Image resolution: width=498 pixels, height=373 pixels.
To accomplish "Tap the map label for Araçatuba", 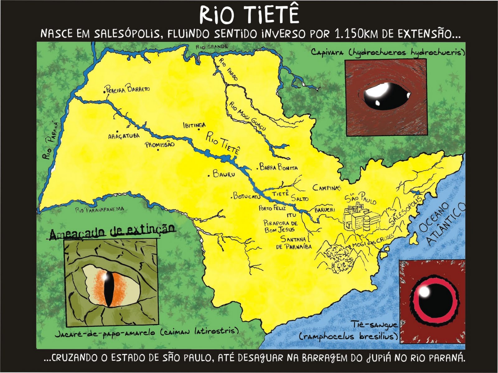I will point(124,136).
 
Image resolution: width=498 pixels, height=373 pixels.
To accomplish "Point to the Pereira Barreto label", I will point(128,89).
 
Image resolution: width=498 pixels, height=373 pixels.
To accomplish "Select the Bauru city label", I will point(224,174).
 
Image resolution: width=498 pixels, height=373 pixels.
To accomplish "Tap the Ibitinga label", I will point(195,125).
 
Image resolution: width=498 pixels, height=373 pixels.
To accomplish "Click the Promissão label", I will point(160,144).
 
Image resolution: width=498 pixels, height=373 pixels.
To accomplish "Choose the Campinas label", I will point(327,187).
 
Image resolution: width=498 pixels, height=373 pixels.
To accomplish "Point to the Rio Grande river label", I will point(212,47).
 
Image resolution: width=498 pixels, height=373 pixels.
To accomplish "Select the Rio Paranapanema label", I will point(100,210).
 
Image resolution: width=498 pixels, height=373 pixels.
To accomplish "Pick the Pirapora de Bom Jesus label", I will point(280,227).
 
